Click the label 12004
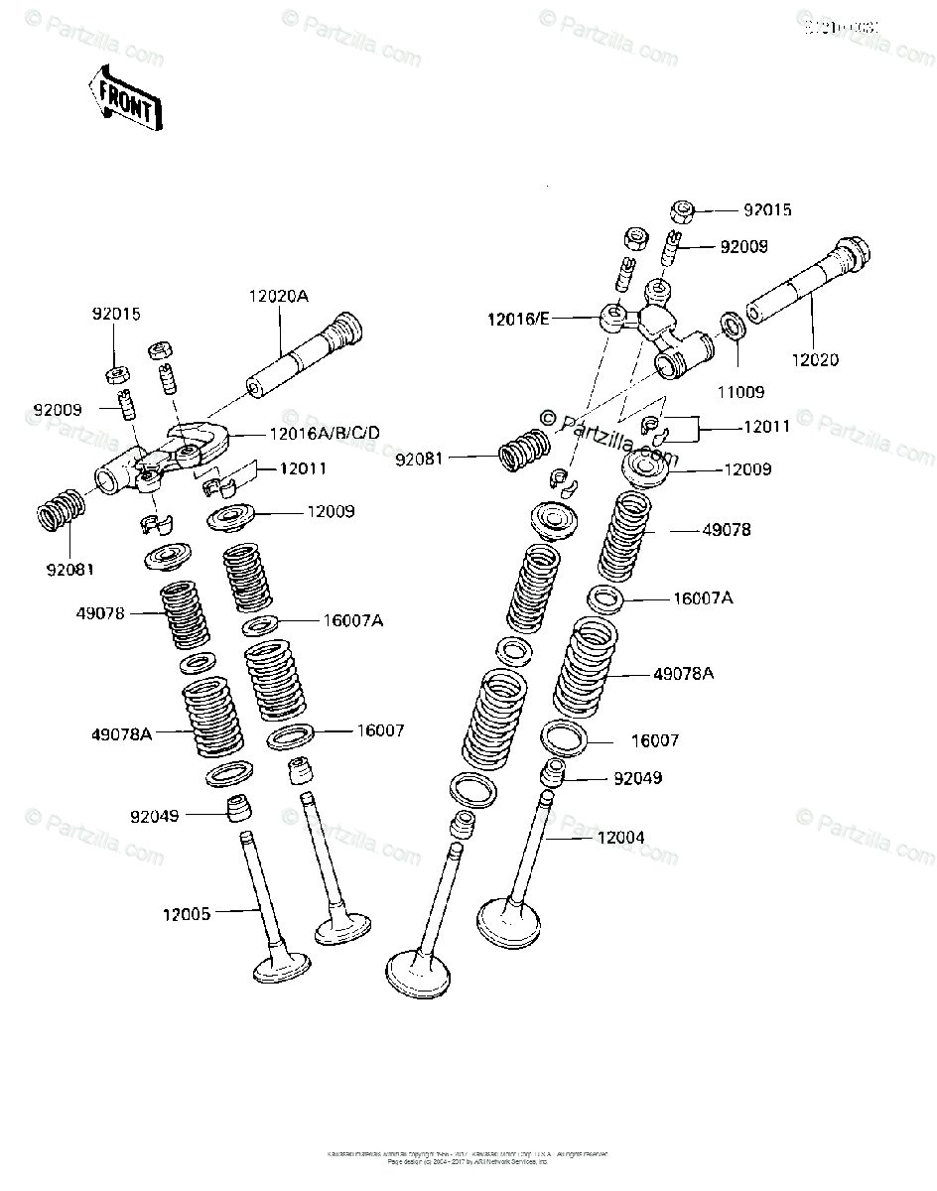coord(620,838)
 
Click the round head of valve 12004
coord(509,922)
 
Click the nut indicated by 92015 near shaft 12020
coord(685,210)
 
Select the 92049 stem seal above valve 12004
coord(552,772)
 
